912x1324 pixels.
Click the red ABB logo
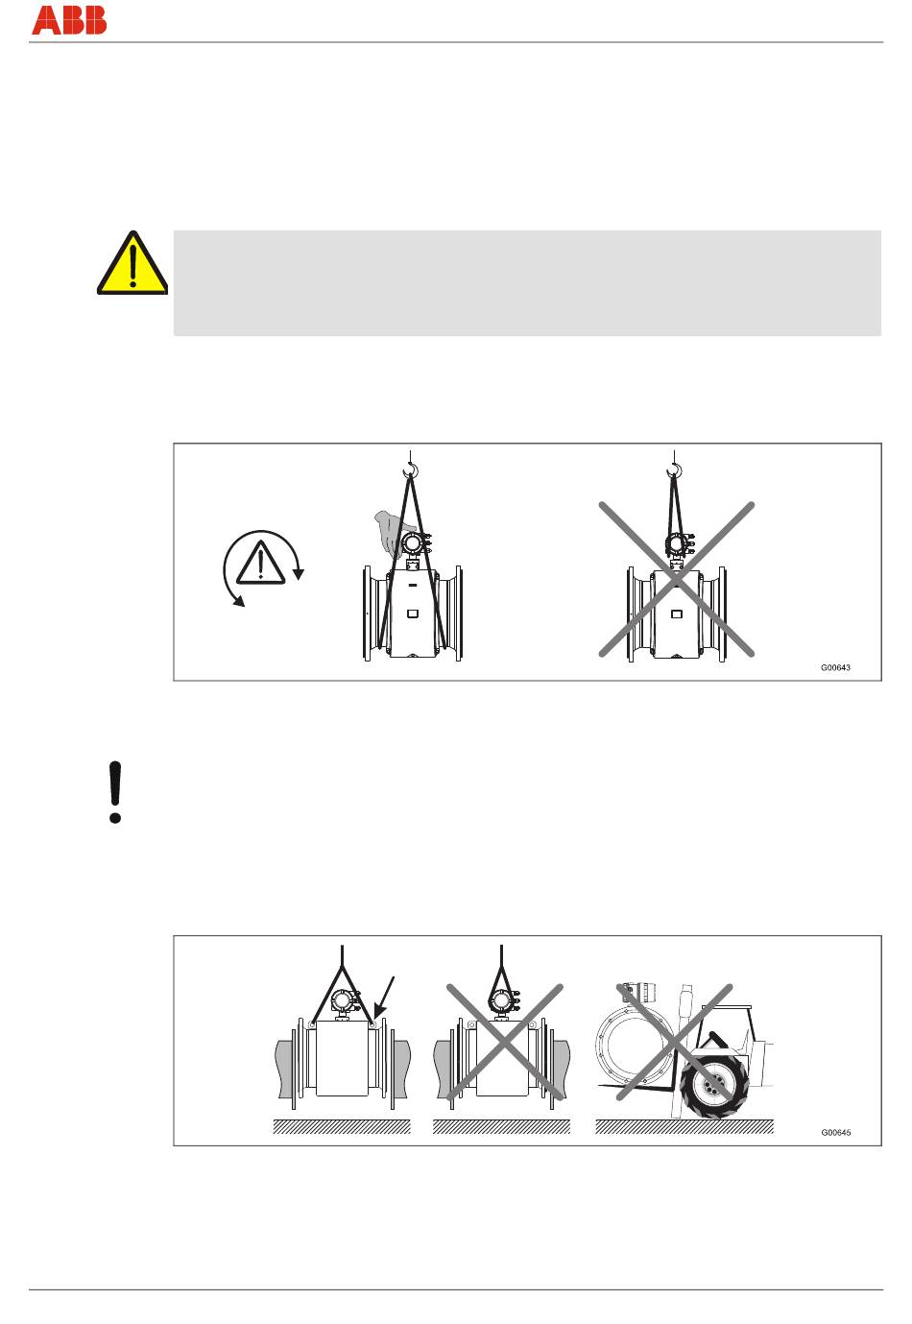(68, 20)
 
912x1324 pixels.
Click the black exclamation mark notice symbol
(115, 791)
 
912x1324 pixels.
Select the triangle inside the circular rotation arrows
(261, 565)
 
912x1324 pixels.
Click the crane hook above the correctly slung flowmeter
(410, 470)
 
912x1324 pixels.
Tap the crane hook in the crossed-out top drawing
(674, 470)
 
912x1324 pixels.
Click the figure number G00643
(835, 667)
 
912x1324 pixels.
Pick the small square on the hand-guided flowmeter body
(413, 614)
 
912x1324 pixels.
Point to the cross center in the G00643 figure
(677, 579)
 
